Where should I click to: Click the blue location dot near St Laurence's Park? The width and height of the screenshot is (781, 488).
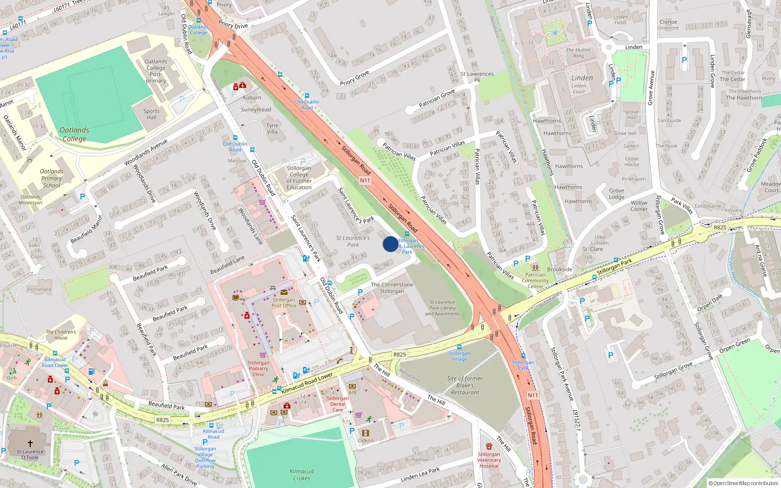[390, 244]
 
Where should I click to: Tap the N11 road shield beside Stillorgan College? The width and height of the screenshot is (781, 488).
[365, 181]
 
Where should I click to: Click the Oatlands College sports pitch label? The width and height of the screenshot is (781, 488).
[74, 134]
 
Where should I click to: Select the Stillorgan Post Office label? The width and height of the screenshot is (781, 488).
[284, 303]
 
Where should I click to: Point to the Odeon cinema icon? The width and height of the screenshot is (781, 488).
[365, 433]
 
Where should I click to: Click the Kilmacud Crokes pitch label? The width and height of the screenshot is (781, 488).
[302, 475]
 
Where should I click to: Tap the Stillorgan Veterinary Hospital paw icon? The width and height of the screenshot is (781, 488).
[489, 446]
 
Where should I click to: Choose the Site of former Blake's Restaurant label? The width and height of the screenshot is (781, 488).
[465, 386]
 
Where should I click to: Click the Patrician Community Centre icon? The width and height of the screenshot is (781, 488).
[535, 267]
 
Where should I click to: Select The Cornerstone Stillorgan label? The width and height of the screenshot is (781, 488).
[392, 288]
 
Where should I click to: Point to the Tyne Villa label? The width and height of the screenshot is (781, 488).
[272, 128]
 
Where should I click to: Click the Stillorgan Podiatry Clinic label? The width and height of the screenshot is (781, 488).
[258, 368]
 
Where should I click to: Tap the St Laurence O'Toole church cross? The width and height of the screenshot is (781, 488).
[30, 443]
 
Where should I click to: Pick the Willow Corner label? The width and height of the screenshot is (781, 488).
[639, 206]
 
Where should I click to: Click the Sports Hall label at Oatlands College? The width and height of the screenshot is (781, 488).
[151, 114]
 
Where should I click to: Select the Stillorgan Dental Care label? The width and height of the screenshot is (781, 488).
[337, 404]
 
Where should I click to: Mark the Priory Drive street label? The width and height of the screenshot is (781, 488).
[233, 25]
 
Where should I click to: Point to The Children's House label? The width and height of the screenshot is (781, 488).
[61, 335]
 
